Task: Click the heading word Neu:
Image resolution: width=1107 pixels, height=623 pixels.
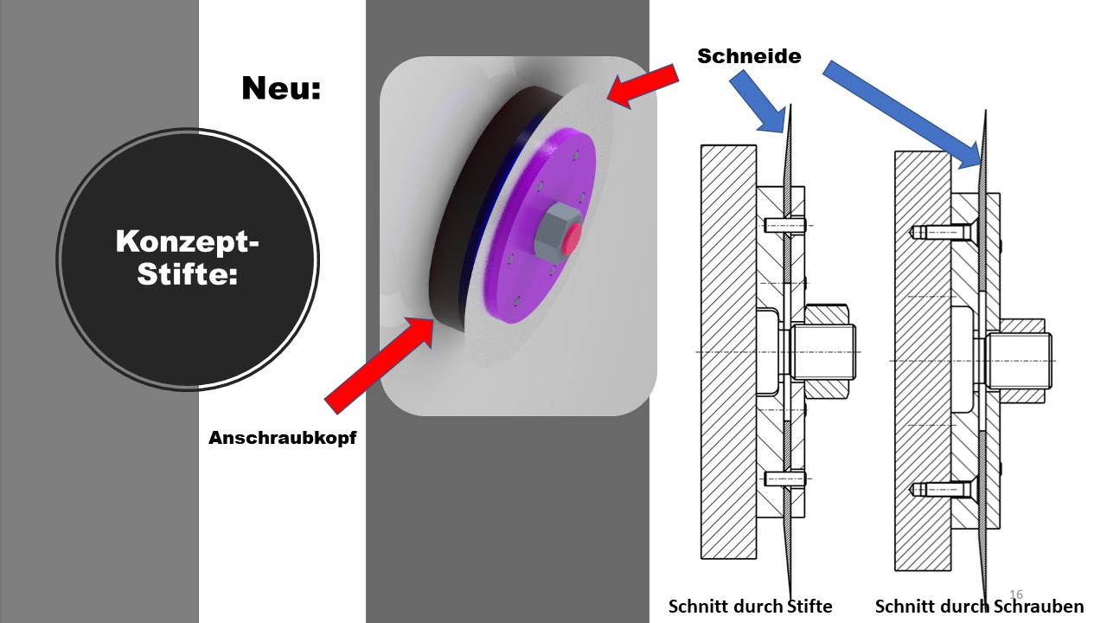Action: coord(281,88)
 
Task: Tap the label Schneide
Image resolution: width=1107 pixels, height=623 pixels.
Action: coord(749,56)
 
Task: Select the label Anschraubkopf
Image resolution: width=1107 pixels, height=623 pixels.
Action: coord(282,438)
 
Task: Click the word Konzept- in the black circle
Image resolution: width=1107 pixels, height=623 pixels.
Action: coord(188,241)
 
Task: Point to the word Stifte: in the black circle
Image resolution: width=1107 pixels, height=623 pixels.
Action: coord(188,273)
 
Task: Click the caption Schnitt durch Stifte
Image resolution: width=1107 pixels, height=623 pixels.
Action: coord(750,607)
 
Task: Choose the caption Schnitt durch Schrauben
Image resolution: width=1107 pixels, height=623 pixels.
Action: coord(980,607)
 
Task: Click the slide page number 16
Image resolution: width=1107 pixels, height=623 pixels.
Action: coord(1016,594)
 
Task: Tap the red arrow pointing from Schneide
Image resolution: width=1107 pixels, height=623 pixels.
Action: coord(643,86)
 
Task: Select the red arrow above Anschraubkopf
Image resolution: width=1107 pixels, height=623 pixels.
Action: coord(380,365)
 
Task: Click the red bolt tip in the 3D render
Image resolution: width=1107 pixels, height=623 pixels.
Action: coord(573,239)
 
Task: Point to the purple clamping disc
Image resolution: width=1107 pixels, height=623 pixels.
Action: coord(541,226)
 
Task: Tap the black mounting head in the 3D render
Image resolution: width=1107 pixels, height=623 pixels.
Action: coord(452,208)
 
